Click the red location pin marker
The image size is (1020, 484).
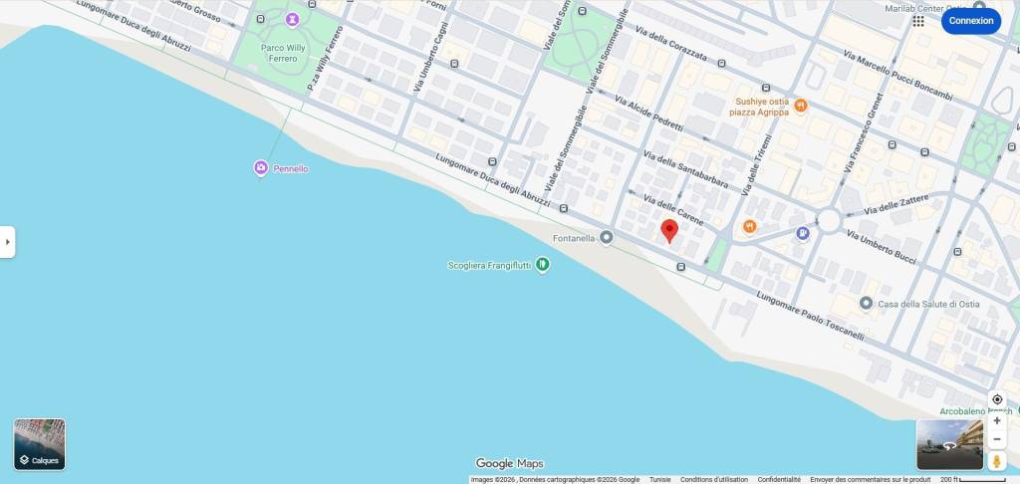pyautogui.click(x=669, y=231)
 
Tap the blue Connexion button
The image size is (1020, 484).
pyautogui.click(x=970, y=21)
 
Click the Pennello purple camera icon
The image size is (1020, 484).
pyautogui.click(x=261, y=168)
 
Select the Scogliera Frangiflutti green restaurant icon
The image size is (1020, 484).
pyautogui.click(x=543, y=265)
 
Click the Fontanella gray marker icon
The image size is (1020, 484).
pyautogui.click(x=607, y=238)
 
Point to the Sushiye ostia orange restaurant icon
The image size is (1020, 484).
pyautogui.click(x=801, y=106)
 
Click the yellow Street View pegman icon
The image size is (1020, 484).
pyautogui.click(x=997, y=461)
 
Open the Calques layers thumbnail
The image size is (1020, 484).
pyautogui.click(x=40, y=444)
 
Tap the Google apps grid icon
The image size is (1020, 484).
pyautogui.click(x=918, y=21)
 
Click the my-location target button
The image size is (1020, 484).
pyautogui.click(x=997, y=399)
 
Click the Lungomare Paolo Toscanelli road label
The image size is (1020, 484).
pyautogui.click(x=810, y=317)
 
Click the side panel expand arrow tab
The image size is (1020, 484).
pyautogui.click(x=7, y=242)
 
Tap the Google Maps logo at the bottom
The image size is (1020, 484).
pyautogui.click(x=509, y=463)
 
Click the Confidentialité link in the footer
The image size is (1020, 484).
pyautogui.click(x=779, y=479)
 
